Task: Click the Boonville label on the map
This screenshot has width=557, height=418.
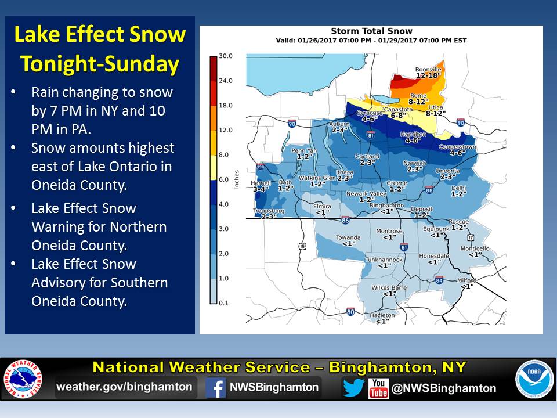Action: tap(428, 70)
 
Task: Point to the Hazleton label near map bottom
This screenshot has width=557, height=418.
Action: tap(382, 315)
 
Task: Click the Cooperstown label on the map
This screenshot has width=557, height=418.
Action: tap(458, 147)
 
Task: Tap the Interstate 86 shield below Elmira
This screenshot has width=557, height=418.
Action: tap(346, 221)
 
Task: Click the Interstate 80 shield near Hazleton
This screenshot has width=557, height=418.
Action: tap(351, 312)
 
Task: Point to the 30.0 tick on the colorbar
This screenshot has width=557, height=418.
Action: tap(226, 56)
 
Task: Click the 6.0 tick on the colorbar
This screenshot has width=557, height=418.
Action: tap(226, 179)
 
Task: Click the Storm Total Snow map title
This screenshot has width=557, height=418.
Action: tap(371, 31)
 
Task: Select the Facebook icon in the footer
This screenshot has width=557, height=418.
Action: tap(216, 388)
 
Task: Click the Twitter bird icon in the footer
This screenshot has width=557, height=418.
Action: tap(353, 388)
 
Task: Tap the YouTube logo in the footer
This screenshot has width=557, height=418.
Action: tap(378, 388)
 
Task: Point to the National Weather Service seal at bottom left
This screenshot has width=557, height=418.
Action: tap(24, 381)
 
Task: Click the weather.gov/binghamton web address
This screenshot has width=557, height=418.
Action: tap(124, 387)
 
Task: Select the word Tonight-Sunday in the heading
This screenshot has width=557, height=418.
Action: tap(100, 64)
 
